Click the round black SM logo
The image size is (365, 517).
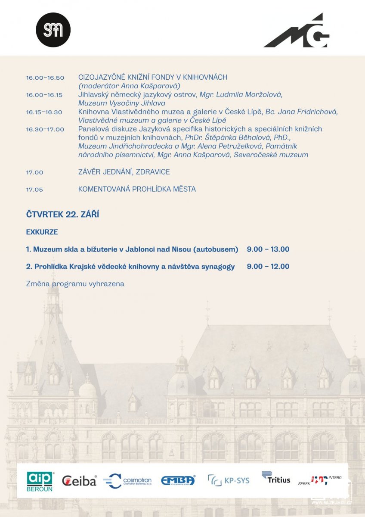(x=53, y=30)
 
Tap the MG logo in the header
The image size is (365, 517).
(x=297, y=31)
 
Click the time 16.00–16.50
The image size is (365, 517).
(x=45, y=78)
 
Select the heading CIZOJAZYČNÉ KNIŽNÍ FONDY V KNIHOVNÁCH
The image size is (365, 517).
(x=153, y=78)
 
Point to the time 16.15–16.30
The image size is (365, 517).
(x=44, y=112)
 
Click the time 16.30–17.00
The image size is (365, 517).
(x=45, y=129)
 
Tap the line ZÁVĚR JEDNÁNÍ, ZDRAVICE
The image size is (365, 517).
(x=124, y=172)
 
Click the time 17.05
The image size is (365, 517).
(x=34, y=189)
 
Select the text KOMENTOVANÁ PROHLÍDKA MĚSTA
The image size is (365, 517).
(x=137, y=189)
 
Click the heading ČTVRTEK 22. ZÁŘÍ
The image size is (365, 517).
(x=62, y=215)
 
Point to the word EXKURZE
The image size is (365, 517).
(x=42, y=232)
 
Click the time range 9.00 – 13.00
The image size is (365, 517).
(x=268, y=249)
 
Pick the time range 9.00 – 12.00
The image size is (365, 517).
(x=268, y=266)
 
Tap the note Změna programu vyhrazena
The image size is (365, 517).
(x=75, y=283)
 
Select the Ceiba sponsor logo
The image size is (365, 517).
(x=79, y=481)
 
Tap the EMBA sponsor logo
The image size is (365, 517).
(x=178, y=480)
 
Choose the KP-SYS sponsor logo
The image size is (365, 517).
(x=229, y=480)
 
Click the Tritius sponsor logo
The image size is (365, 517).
(x=276, y=478)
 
